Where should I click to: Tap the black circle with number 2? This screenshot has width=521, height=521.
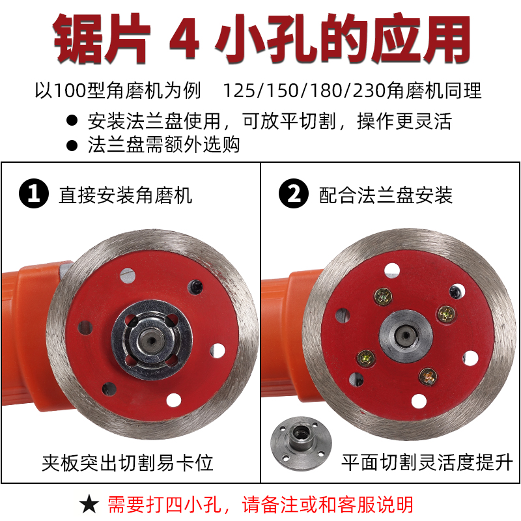294,194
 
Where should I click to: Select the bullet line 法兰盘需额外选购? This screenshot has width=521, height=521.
163,144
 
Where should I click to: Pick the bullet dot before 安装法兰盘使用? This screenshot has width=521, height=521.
72,121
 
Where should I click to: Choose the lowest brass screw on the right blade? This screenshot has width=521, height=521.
427,375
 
